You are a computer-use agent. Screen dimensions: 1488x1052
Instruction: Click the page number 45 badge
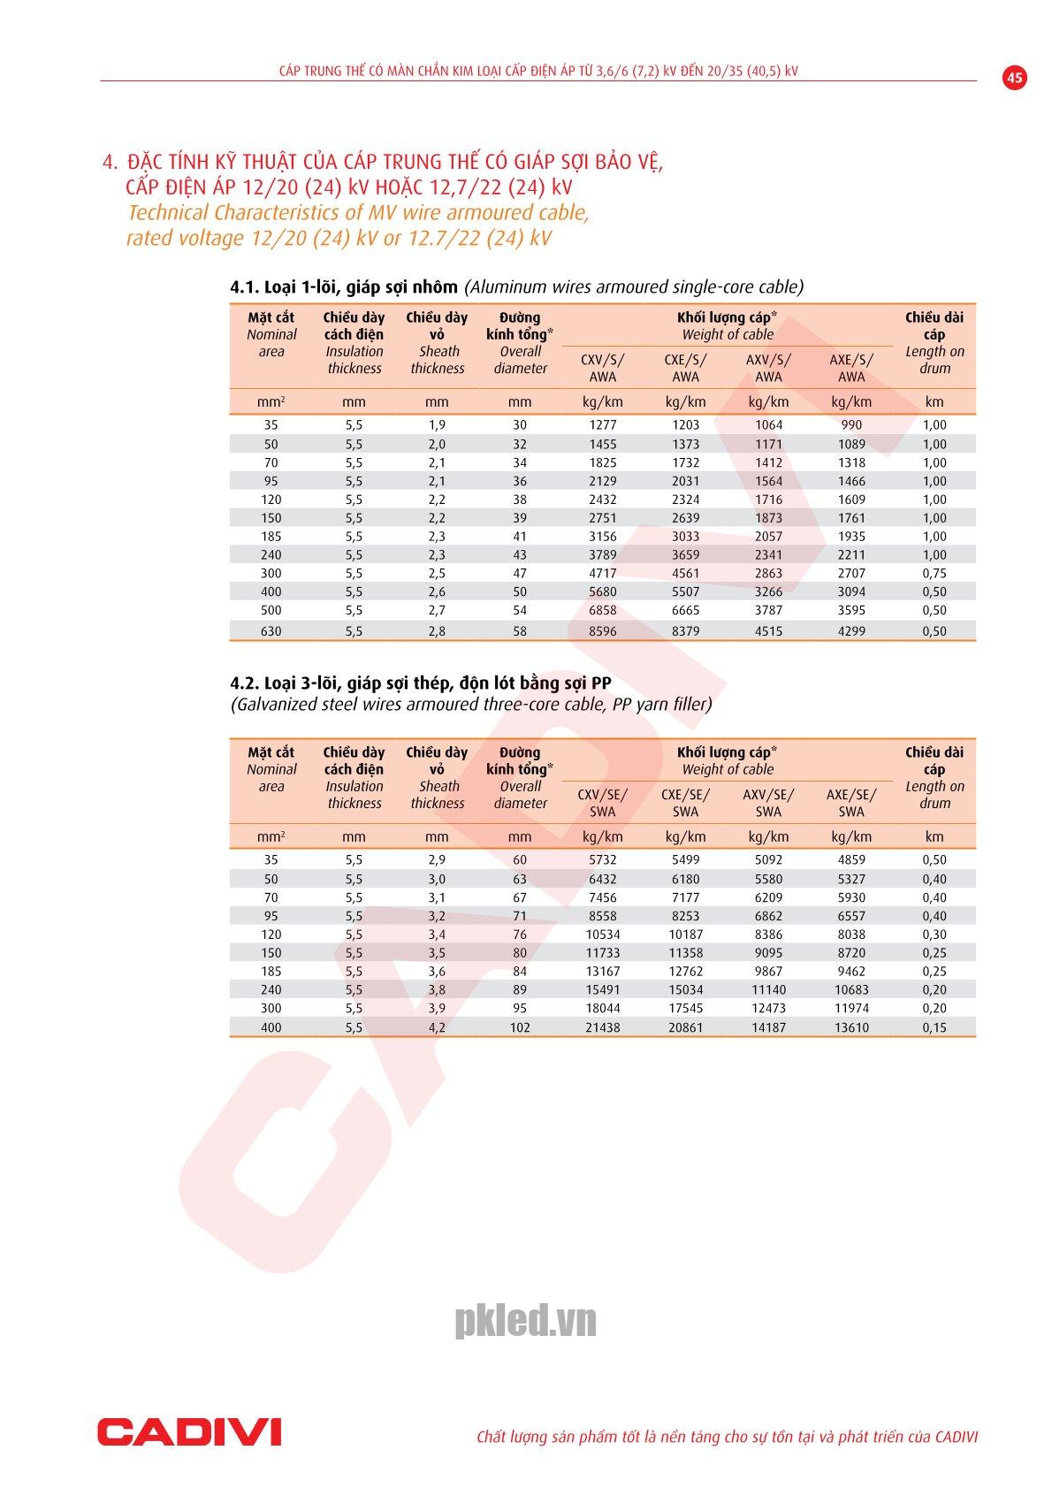[x=1015, y=78]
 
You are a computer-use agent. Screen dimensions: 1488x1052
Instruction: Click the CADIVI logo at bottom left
[x=189, y=1431]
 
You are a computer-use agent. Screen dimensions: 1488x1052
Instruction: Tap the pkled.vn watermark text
[x=525, y=1321]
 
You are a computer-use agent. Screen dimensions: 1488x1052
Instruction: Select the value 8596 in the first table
[x=602, y=631]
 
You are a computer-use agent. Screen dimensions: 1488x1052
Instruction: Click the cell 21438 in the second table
[x=602, y=1027]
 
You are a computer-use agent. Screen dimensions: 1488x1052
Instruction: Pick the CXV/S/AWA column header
[x=602, y=368]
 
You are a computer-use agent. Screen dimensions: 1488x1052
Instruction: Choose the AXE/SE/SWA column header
[x=851, y=803]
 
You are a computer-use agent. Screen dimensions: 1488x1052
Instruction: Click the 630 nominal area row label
[x=271, y=631]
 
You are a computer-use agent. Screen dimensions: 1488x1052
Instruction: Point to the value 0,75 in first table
[x=934, y=573]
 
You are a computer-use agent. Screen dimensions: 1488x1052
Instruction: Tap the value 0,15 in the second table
[x=934, y=1027]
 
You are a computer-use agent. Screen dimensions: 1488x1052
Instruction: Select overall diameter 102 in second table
[x=520, y=1027]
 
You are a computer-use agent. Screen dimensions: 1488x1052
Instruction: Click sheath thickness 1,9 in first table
[x=437, y=424]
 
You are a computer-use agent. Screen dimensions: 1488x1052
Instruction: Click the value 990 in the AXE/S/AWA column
[x=851, y=424]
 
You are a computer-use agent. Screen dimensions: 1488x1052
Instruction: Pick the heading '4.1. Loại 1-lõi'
[x=344, y=286]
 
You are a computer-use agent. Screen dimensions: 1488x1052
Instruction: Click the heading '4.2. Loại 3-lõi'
[x=420, y=683]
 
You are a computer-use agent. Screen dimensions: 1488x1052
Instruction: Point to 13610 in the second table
[x=851, y=1027]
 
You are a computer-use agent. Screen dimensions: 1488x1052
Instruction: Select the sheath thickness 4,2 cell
[x=437, y=1027]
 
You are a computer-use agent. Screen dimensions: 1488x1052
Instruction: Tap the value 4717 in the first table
[x=602, y=573]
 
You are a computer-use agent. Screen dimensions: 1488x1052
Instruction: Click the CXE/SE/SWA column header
[x=685, y=803]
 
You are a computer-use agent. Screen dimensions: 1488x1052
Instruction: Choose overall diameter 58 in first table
[x=520, y=631]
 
